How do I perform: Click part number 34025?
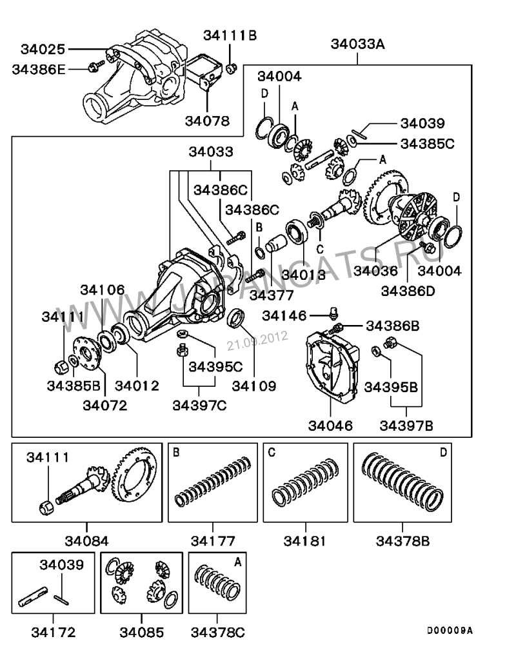(43, 49)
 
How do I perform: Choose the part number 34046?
(330, 426)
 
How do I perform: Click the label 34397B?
(406, 426)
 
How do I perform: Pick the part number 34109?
(253, 386)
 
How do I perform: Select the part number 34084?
(86, 540)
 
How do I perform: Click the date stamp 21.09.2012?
(257, 340)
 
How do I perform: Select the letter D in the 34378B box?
(443, 453)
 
